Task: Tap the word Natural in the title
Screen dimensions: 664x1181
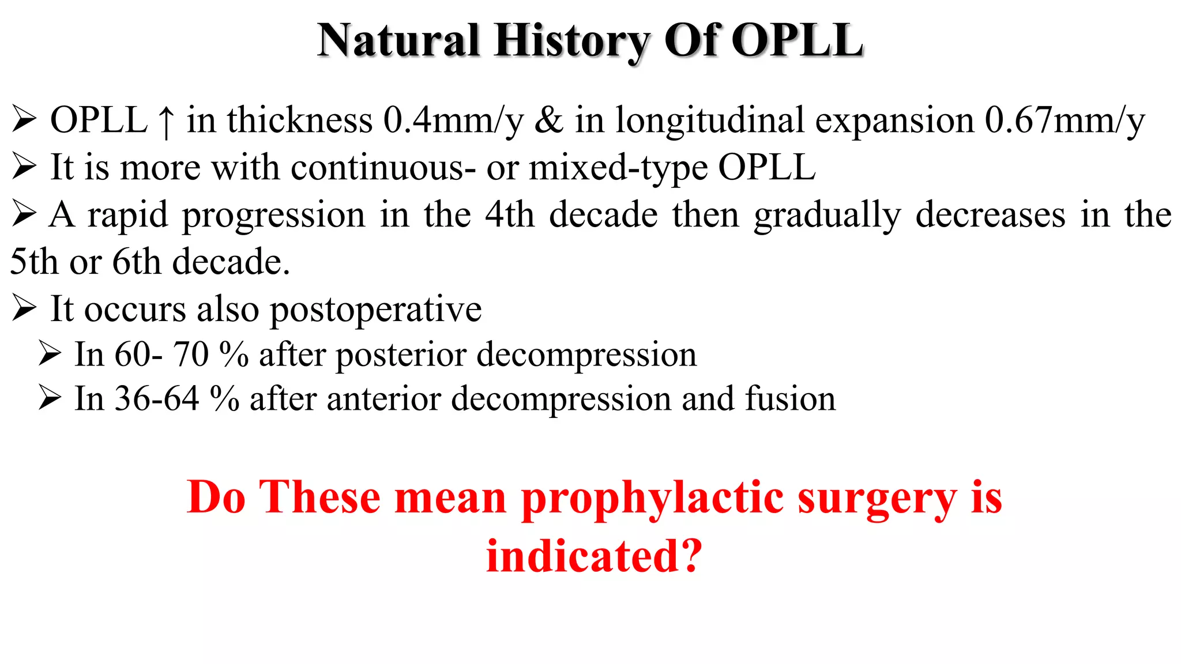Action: [398, 41]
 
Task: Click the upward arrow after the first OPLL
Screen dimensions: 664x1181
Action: [166, 122]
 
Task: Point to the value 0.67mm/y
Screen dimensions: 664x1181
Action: [1064, 121]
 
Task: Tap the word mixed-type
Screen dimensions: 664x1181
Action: [618, 168]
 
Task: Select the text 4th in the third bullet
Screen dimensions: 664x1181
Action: [509, 215]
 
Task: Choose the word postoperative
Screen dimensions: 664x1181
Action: [375, 310]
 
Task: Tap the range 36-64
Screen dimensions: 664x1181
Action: [157, 399]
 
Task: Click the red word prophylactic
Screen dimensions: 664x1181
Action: [652, 498]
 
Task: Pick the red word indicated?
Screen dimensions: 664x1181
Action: [594, 556]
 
